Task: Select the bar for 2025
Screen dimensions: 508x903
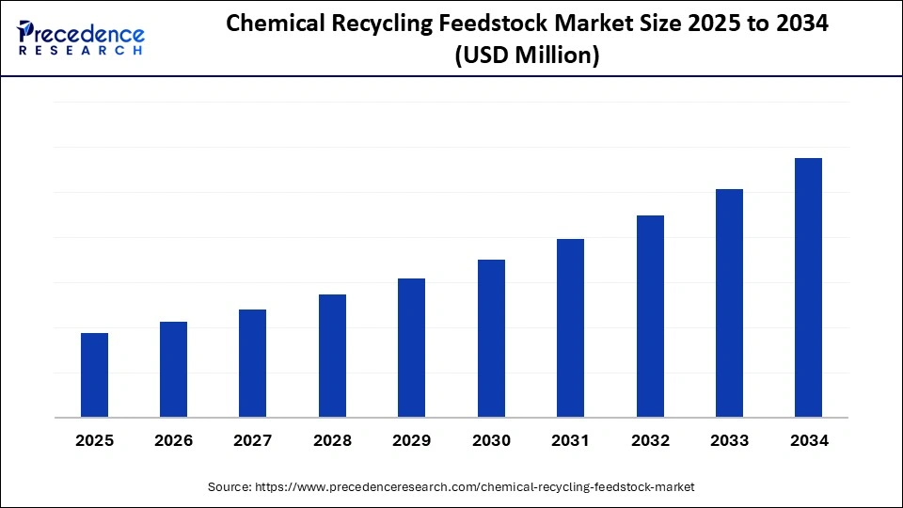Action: [94, 375]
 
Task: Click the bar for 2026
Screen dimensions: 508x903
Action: [173, 370]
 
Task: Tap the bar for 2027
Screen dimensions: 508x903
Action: [253, 363]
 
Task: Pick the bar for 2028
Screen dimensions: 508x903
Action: [332, 356]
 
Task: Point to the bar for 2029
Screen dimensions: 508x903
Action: [411, 348]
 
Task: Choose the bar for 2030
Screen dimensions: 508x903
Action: [491, 339]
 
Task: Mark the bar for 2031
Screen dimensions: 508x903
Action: [570, 328]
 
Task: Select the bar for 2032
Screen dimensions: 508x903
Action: [650, 316]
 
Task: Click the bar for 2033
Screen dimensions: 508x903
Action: [729, 303]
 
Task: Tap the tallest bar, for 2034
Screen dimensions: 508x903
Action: [808, 288]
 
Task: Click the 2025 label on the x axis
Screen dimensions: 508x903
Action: [94, 440]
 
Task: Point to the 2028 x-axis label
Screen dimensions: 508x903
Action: [332, 440]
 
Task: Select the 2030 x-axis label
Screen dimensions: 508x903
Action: [491, 440]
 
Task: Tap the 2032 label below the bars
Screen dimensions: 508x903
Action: [650, 440]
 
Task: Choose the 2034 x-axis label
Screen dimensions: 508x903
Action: [808, 440]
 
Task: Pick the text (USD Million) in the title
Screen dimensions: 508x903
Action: [527, 56]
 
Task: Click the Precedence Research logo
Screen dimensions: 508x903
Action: [81, 38]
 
